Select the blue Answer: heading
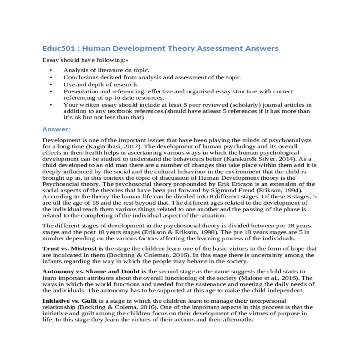tap(56, 129)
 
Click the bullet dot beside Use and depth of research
tap(51, 85)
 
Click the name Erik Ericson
tap(237, 184)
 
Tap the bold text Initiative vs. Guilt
tap(70, 301)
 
